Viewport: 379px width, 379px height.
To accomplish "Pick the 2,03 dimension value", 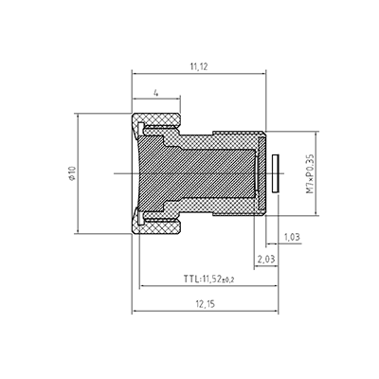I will [x=266, y=259].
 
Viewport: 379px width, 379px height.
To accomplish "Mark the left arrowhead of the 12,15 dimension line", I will [x=135, y=313].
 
